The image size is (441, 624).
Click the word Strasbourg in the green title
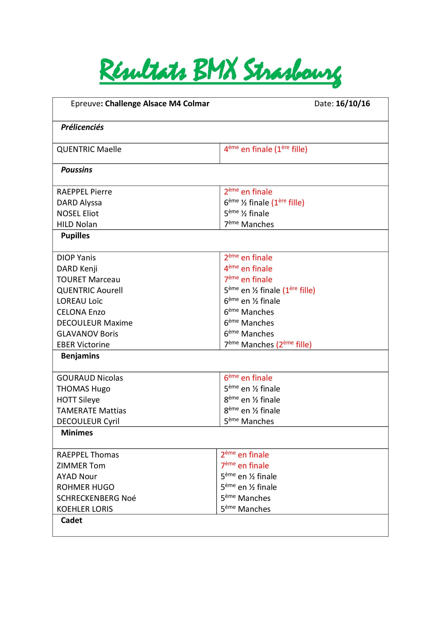pos(292,71)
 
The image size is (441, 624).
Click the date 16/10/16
pos(353,104)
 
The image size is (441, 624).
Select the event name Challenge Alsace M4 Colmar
pos(157,104)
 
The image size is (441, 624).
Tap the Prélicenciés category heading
pos(82,127)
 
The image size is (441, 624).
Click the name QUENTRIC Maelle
pos(89,149)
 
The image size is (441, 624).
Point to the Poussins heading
pos(76,170)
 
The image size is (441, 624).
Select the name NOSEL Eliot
pos(78,213)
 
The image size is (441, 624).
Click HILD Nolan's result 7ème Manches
pos(249,224)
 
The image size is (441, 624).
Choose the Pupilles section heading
pos(75,236)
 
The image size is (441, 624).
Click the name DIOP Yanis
pos(76,258)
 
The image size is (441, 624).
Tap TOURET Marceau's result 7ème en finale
pos(248,279)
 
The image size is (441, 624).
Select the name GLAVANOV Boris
pos(87,334)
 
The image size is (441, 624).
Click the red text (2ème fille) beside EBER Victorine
pos(294,345)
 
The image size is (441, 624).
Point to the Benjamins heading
pos(80,356)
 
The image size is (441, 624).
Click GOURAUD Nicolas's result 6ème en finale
pos(248,378)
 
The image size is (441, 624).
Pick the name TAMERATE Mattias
pos(92,410)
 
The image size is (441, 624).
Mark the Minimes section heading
pos(77,433)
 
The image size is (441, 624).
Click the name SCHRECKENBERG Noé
pos(96,498)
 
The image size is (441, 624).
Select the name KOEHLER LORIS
pos(85,509)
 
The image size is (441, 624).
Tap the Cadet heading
pos(71,520)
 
